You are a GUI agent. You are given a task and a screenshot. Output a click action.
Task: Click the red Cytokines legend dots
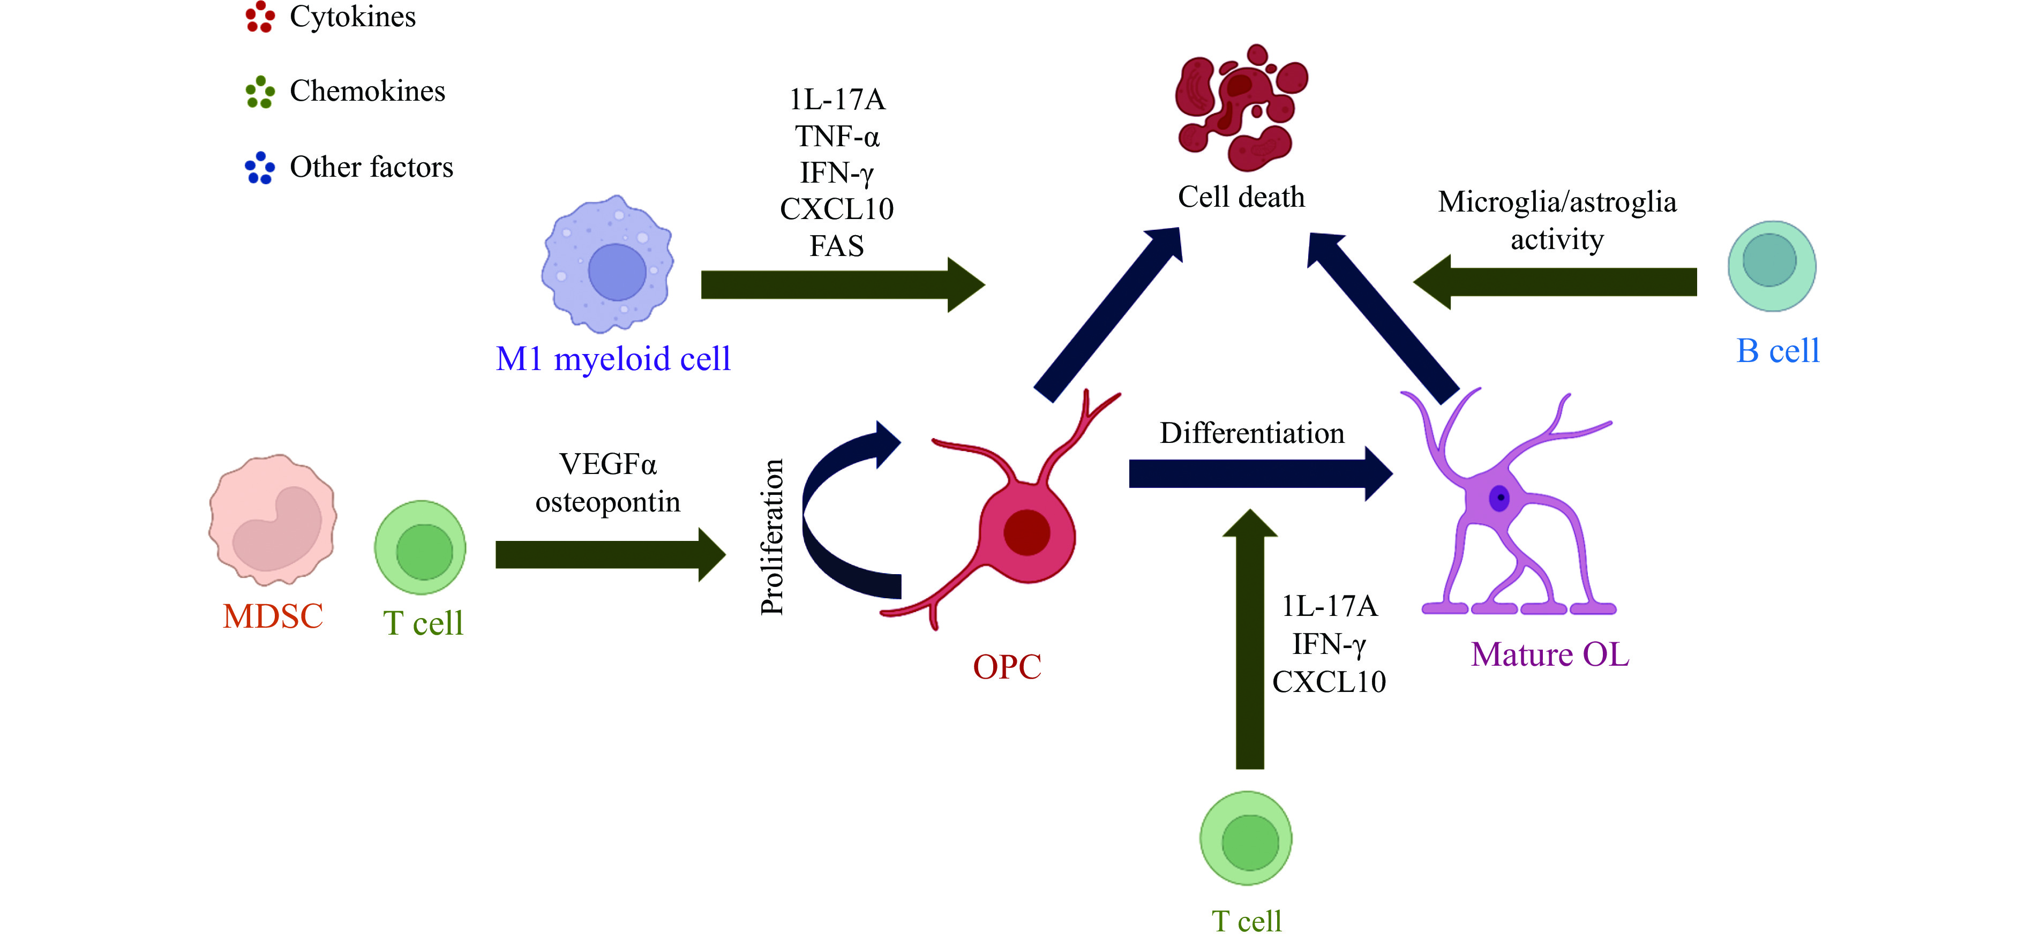coord(259,17)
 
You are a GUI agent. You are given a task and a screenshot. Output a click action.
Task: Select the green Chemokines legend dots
coord(259,92)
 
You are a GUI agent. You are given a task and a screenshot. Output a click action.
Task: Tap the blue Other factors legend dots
coord(259,168)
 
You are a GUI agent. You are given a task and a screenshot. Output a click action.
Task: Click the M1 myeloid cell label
coord(613,359)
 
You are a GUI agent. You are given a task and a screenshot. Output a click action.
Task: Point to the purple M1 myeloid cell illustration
coord(607,264)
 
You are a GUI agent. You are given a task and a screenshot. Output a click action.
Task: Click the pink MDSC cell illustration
coord(273,520)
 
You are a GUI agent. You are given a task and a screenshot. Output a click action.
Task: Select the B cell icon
coord(1771,265)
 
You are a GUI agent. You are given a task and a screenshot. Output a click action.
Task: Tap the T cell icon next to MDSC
coord(421,548)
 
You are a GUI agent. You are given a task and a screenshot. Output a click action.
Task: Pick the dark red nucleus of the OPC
coord(1026,532)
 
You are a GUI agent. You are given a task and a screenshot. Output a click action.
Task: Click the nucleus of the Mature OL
coord(1499,498)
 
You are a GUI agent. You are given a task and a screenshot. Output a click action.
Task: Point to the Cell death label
coord(1241,197)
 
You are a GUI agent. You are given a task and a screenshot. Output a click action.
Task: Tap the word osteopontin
coord(607,501)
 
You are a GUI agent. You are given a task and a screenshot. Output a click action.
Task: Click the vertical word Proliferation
coord(772,537)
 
